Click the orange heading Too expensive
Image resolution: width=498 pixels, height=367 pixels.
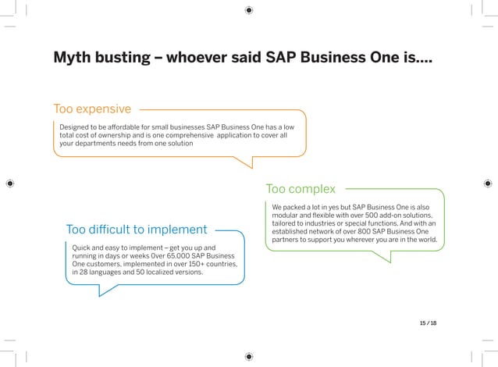click(x=92, y=108)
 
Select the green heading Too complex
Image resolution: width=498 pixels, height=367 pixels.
click(x=301, y=189)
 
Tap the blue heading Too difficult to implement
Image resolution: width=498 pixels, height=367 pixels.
click(x=137, y=230)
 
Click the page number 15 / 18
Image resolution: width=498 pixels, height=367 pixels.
click(x=428, y=322)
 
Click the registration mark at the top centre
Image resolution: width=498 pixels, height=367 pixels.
click(x=249, y=10)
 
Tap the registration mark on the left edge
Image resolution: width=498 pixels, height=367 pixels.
click(x=10, y=183)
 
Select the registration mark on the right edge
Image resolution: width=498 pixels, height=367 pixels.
click(x=488, y=183)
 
